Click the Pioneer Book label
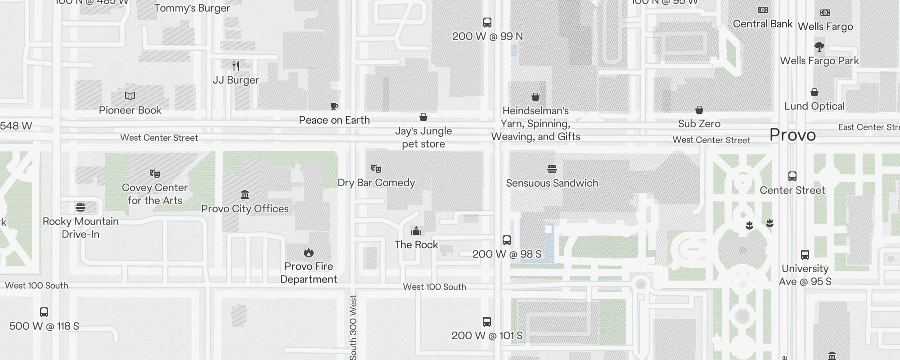pos(130,110)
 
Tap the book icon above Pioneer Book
pos(130,96)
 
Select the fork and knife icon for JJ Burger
pos(236,66)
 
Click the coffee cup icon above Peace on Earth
pos(334,106)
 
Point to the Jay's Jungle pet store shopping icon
pos(423,117)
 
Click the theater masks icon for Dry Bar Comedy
pos(376,169)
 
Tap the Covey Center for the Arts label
pos(155,194)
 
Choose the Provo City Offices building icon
pos(245,194)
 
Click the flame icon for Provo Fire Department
pos(309,252)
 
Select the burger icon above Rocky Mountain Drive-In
pos(81,207)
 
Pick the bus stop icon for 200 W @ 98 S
pos(507,240)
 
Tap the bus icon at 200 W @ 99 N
pos(487,22)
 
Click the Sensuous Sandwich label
pos(552,183)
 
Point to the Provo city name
pos(792,135)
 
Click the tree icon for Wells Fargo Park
pos(819,47)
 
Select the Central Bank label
pos(763,24)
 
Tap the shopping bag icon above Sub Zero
pos(699,110)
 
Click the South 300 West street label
pos(353,327)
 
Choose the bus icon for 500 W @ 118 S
pos(44,312)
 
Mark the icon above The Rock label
pos(416,231)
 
